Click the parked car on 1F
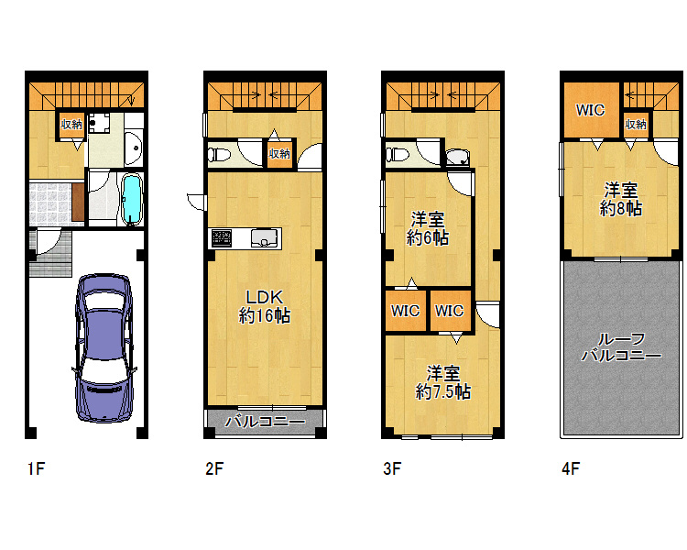[104, 348]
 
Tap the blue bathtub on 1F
[131, 200]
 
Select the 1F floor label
[36, 468]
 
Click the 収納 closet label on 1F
[71, 124]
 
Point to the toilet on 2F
[219, 154]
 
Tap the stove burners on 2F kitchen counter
[222, 238]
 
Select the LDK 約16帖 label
[264, 306]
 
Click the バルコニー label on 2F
[265, 422]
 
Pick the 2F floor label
[214, 468]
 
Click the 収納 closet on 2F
[279, 153]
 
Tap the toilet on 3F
[397, 154]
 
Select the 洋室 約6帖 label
[427, 228]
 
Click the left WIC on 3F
[405, 311]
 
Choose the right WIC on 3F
[450, 311]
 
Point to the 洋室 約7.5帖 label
[443, 382]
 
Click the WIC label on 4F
[590, 110]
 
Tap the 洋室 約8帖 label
[621, 199]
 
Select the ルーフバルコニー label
[622, 346]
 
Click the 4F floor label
[571, 468]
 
